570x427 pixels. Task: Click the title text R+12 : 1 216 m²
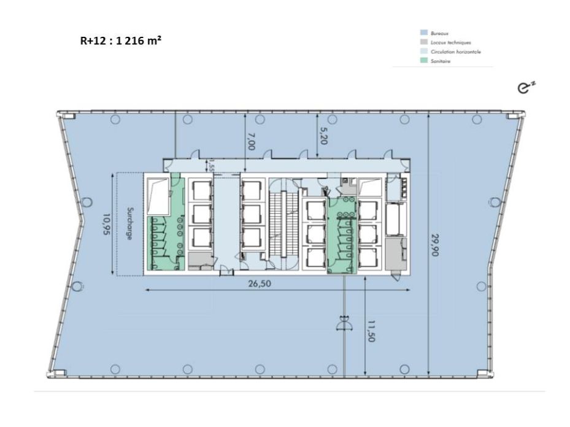pyautogui.click(x=121, y=41)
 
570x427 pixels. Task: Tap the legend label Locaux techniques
pyautogui.click(x=450, y=43)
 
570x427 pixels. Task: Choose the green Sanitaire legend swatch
pyautogui.click(x=423, y=61)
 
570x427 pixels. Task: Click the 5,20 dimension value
pyautogui.click(x=323, y=136)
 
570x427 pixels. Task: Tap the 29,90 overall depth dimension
pyautogui.click(x=434, y=245)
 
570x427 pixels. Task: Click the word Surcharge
pyautogui.click(x=129, y=223)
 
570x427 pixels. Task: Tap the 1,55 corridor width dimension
pyautogui.click(x=210, y=165)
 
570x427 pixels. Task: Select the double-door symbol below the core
pyautogui.click(x=344, y=323)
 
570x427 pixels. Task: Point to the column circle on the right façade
pyautogui.click(x=495, y=202)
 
